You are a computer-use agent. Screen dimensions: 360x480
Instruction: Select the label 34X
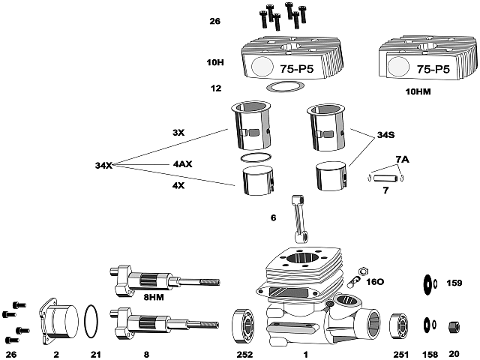coord(103,165)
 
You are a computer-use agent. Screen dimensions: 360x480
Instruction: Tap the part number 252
coord(244,353)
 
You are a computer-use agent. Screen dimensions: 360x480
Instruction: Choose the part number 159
coord(454,283)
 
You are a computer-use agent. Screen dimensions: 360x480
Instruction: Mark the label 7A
coord(402,159)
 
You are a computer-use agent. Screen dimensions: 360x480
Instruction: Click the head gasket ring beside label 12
coord(281,88)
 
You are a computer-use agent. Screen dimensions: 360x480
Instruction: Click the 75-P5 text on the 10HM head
coord(433,68)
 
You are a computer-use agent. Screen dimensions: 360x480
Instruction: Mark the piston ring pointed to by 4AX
coord(256,159)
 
